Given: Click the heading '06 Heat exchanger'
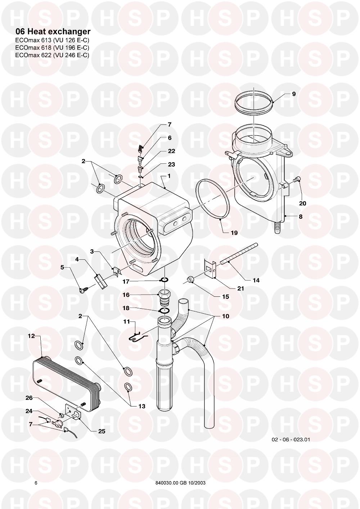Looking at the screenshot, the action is [x=53, y=31].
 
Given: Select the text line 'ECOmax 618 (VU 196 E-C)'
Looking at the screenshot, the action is [x=52, y=47].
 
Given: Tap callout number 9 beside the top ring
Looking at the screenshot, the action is [x=294, y=94].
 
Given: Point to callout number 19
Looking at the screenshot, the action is [x=234, y=233].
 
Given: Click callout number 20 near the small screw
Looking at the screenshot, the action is [x=302, y=203].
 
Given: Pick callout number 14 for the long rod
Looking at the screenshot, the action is [x=256, y=281].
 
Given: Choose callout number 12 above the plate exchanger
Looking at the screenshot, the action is [x=31, y=336].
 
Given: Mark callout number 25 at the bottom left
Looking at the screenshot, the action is [x=102, y=431].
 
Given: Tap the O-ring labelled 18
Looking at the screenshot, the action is [x=164, y=311].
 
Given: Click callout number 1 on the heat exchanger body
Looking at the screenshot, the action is [x=168, y=176].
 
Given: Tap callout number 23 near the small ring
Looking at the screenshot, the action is [x=171, y=164].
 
